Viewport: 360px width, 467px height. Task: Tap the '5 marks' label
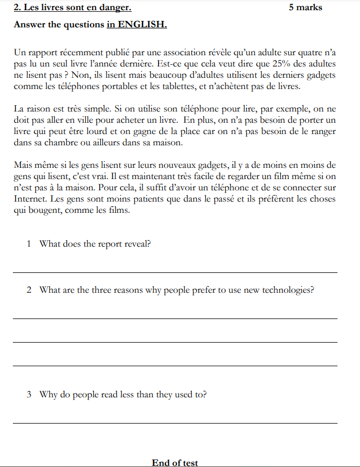[x=305, y=8]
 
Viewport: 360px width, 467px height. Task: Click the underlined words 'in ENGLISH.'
[x=137, y=25]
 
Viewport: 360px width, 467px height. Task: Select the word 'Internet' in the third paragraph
[x=31, y=199]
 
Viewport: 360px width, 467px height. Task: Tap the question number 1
[x=29, y=244]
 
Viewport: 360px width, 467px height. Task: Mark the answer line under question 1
[x=175, y=272]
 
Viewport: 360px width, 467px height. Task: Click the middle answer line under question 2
[x=175, y=342]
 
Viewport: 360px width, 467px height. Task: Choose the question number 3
[x=29, y=395]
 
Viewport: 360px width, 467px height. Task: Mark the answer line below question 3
[x=175, y=423]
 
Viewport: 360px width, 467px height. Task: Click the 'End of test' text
[x=175, y=463]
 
